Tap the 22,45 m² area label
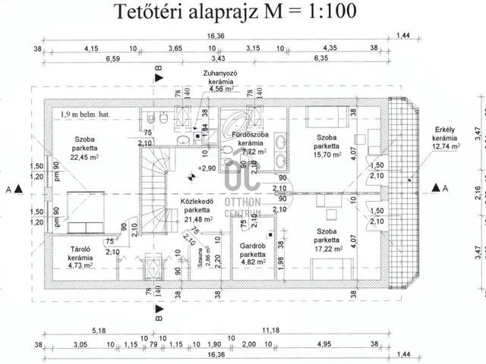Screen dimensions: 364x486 86,158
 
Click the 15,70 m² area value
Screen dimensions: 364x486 325,155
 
